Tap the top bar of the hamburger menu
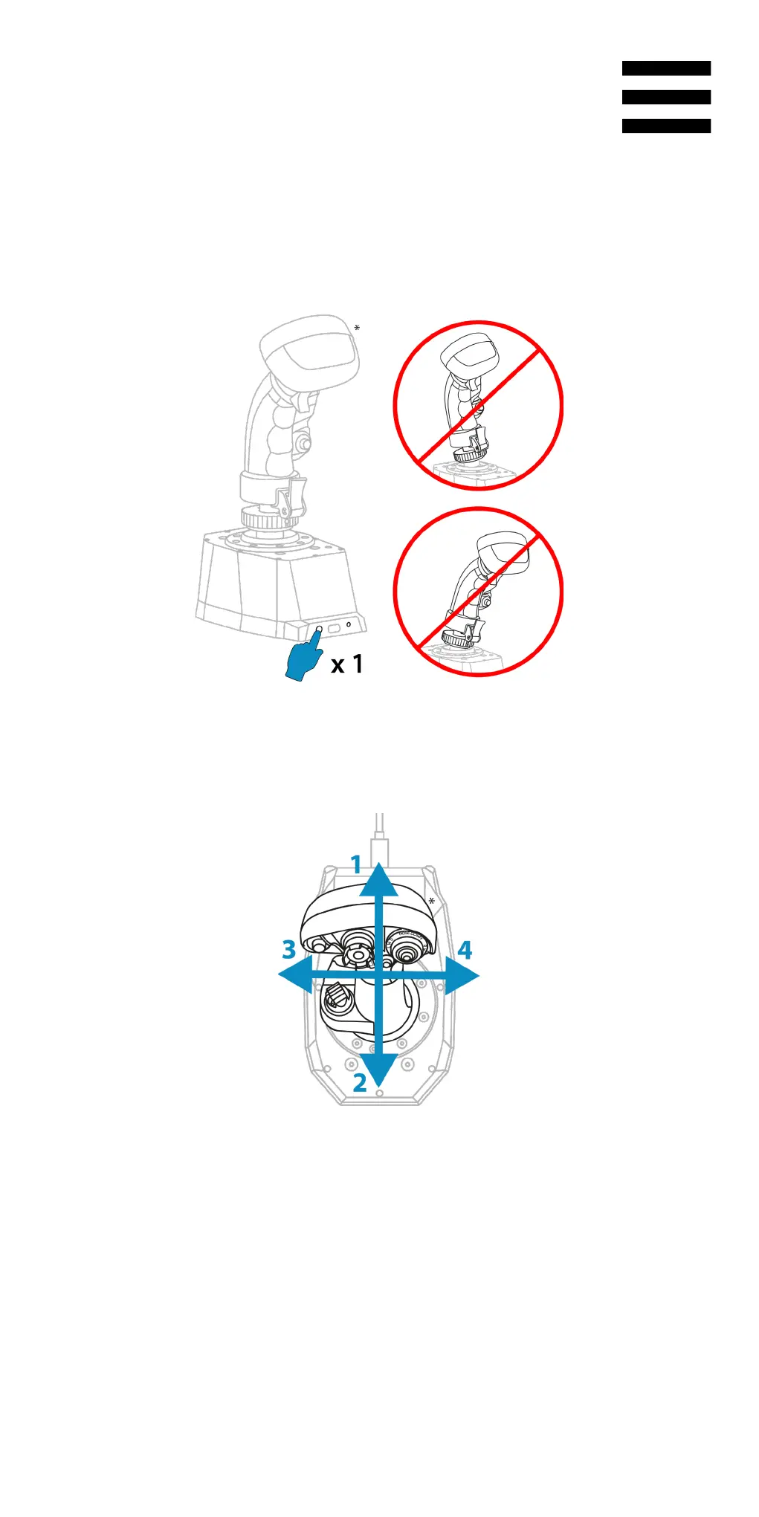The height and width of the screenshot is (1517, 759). pos(666,68)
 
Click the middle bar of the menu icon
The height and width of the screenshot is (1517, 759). pos(666,97)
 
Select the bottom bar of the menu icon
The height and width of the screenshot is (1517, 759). pos(666,126)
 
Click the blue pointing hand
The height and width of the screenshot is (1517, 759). pos(303,659)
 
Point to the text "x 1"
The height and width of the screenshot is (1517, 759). pos(347,664)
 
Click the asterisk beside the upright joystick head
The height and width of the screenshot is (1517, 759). pos(357,329)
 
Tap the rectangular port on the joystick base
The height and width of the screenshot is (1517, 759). pos(334,629)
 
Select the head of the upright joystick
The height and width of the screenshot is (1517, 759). pos(310,350)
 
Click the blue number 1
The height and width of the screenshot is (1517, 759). pos(356,865)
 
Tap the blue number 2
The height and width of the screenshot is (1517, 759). pos(360,1083)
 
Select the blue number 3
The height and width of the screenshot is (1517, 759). pos(289,949)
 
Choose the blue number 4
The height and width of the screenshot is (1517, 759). pos(465,950)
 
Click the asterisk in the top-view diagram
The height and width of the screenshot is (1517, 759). pos(431,902)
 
